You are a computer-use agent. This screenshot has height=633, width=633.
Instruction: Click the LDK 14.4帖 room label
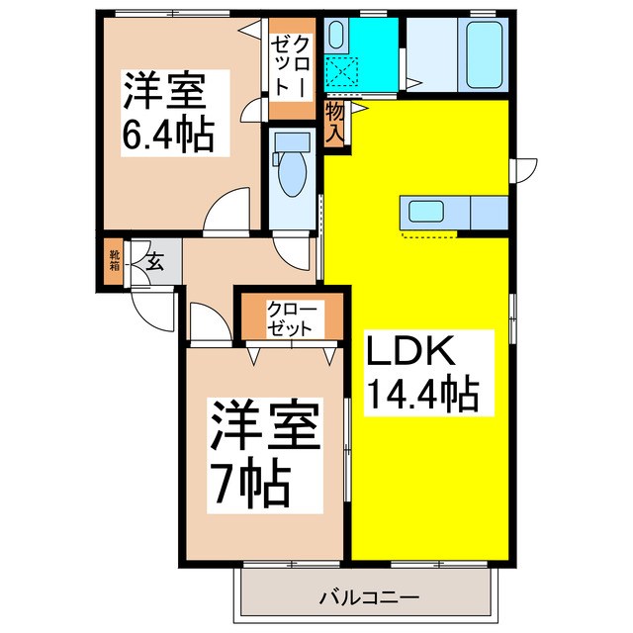422,375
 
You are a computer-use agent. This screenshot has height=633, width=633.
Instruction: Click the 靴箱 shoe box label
114,261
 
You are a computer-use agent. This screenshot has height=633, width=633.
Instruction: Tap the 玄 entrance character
155,262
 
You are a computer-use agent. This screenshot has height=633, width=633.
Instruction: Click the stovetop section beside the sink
490,212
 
